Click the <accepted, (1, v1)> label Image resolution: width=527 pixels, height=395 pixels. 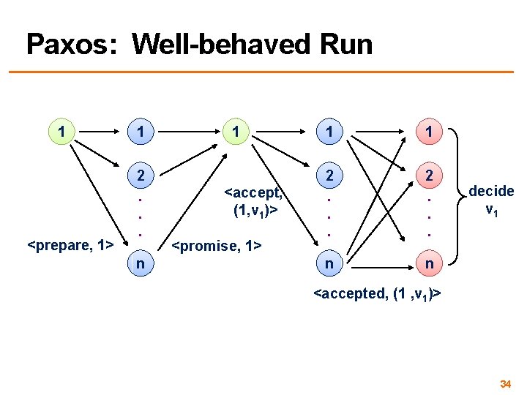click(376, 294)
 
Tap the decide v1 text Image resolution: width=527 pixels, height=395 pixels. click(491, 199)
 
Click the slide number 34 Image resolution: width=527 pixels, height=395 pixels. click(504, 383)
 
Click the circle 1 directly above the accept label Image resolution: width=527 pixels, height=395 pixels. click(235, 132)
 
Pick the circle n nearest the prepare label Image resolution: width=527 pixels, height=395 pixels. click(140, 261)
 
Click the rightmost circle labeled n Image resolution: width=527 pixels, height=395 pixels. click(430, 261)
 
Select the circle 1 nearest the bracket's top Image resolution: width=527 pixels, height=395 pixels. click(430, 132)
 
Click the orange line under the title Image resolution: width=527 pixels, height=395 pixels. click(263, 72)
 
